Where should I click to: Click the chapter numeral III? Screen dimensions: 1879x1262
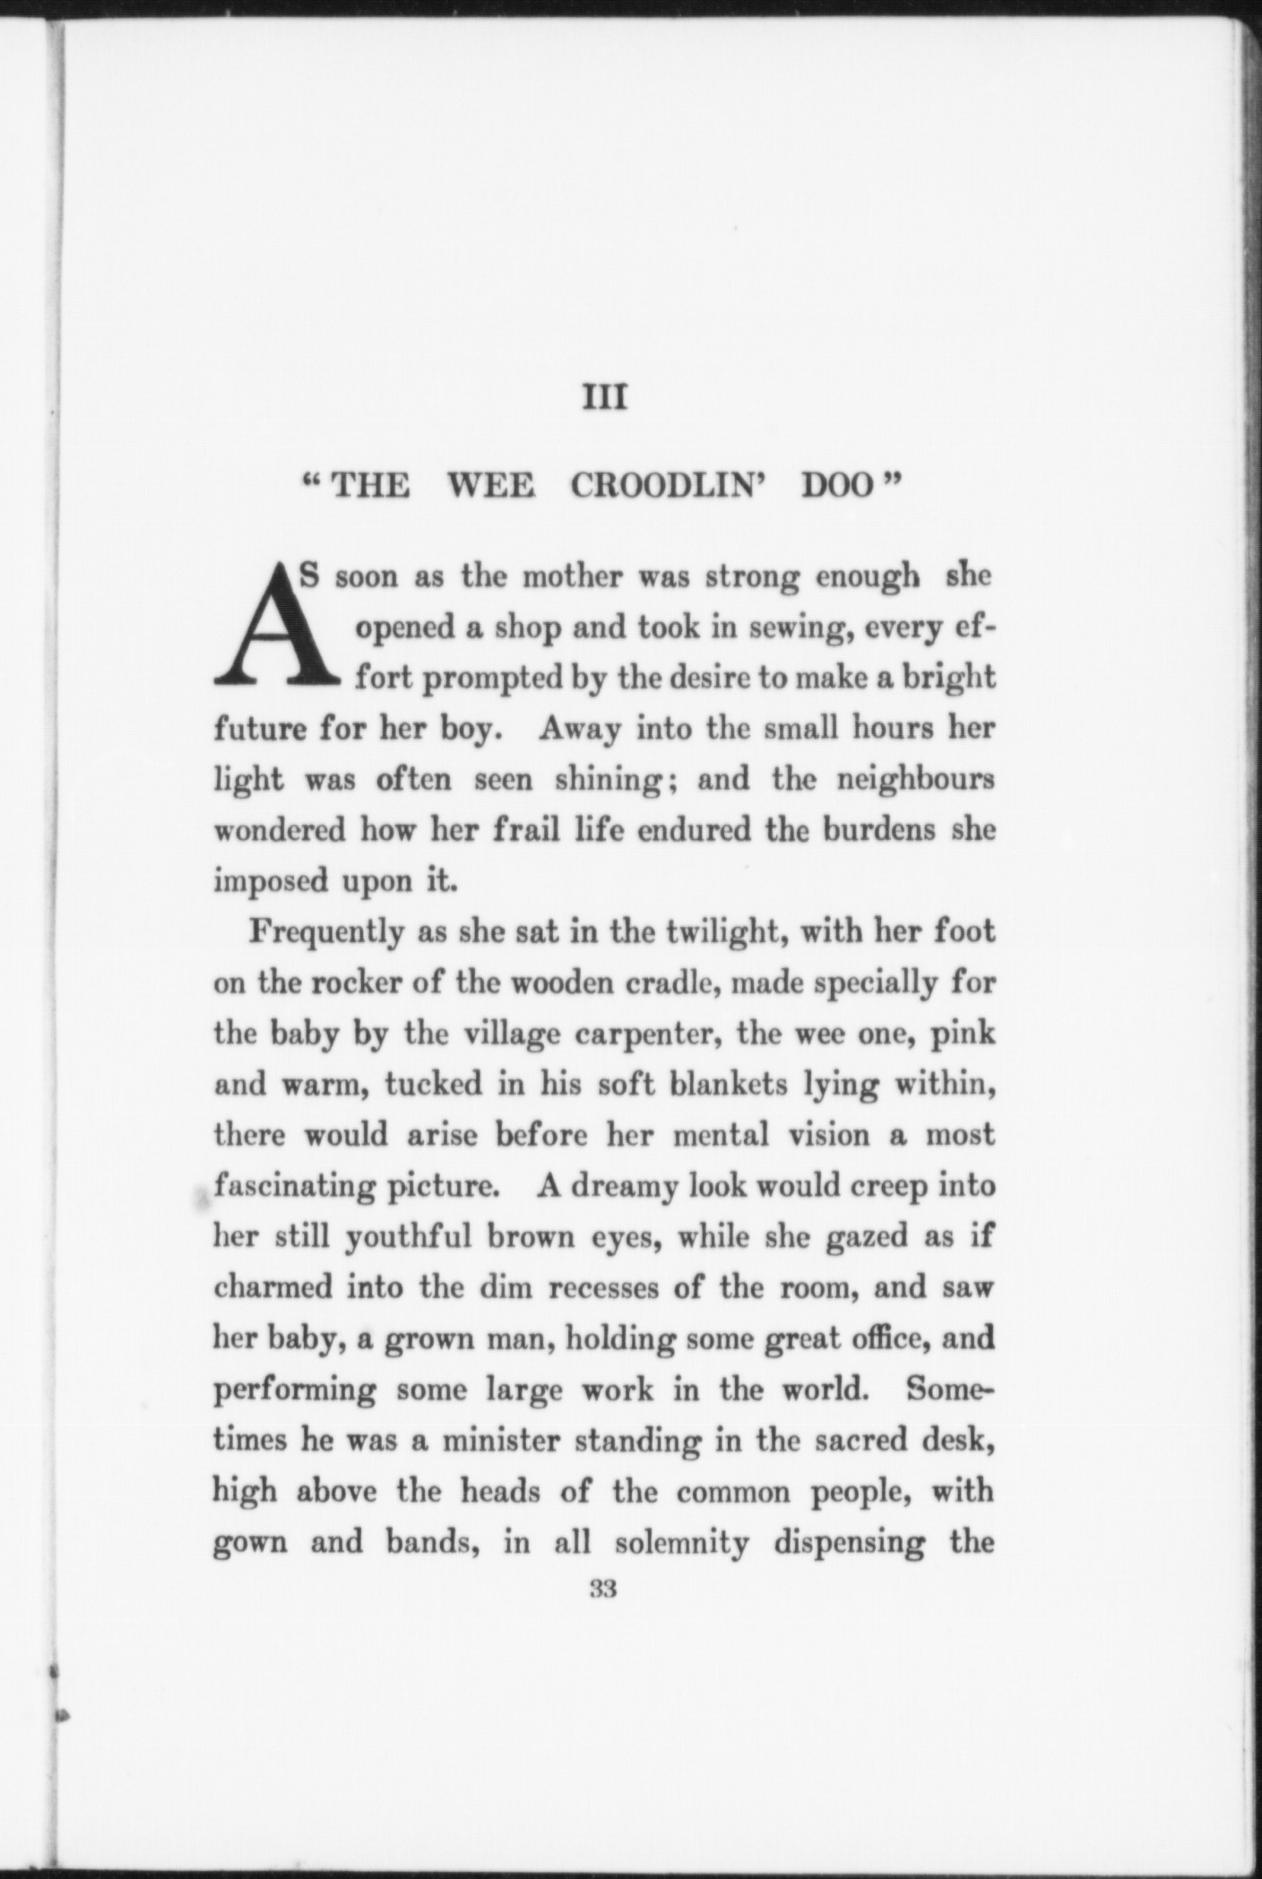point(604,397)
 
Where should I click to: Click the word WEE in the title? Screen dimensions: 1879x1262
point(491,487)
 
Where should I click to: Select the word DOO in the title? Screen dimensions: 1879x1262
point(836,487)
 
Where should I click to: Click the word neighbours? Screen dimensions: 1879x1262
point(915,779)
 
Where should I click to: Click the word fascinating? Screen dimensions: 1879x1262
point(293,1187)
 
